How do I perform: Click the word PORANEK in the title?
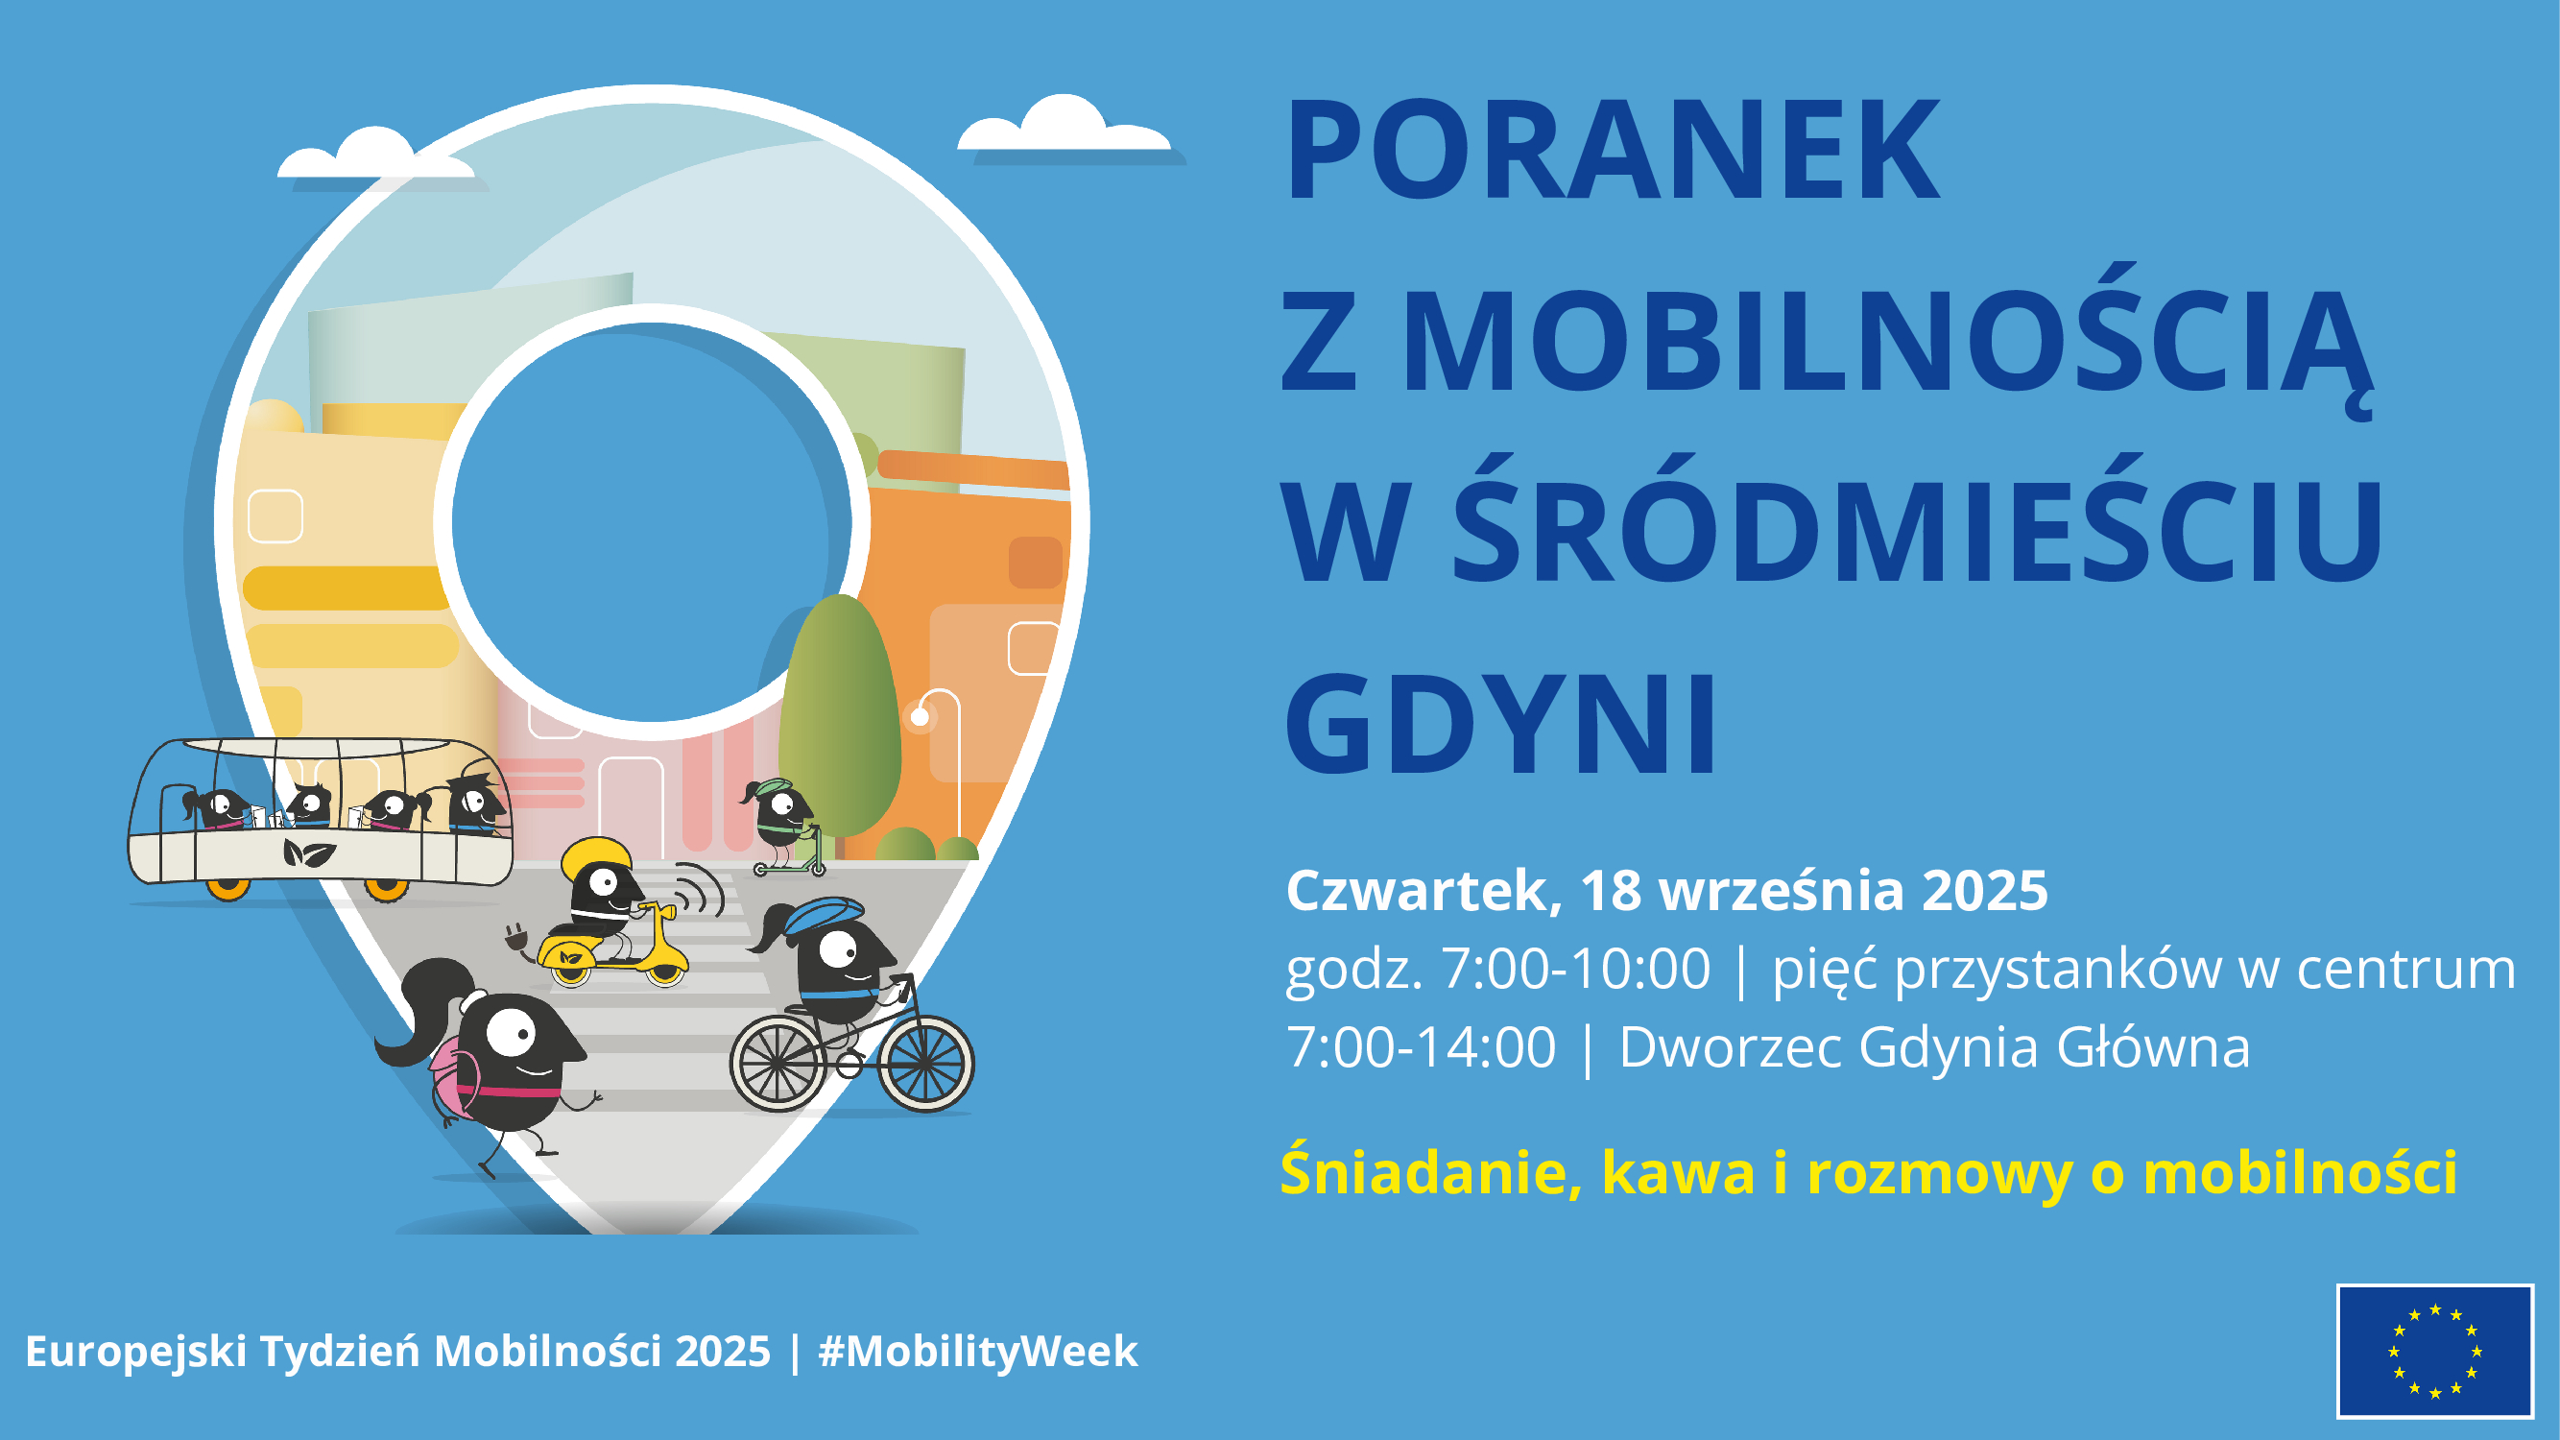click(1612, 151)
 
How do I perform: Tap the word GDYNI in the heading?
click(1500, 724)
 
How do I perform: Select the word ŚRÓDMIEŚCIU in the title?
click(1918, 532)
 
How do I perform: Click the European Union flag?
click(2435, 1351)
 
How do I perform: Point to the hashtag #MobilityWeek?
click(978, 1352)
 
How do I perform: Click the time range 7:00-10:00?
click(1576, 969)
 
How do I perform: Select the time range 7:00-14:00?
click(1422, 1047)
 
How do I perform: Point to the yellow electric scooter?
click(616, 949)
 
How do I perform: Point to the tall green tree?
click(840, 715)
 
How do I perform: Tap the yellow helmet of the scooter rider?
click(596, 856)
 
